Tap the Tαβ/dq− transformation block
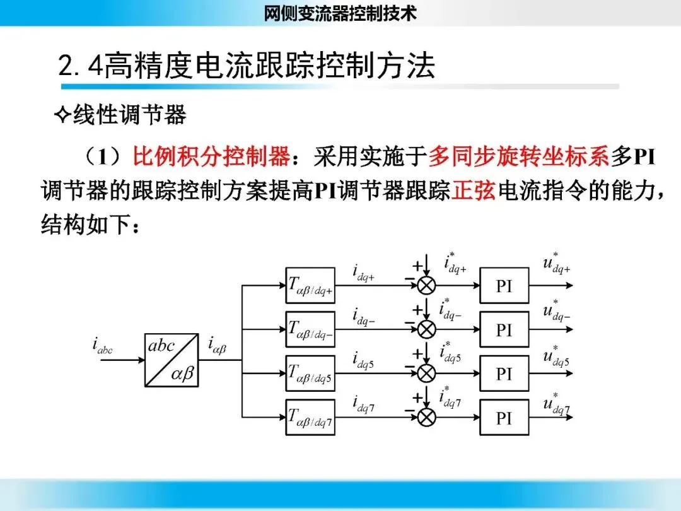click(310, 329)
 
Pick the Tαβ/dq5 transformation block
click(310, 373)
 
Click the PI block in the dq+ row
click(504, 285)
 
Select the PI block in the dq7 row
click(504, 417)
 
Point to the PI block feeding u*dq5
click(504, 373)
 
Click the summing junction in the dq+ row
click(427, 285)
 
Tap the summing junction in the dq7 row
click(427, 417)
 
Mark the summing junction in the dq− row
click(427, 329)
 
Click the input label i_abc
click(102, 347)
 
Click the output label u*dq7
click(556, 404)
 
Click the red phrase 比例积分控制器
click(212, 156)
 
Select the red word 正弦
click(474, 191)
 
